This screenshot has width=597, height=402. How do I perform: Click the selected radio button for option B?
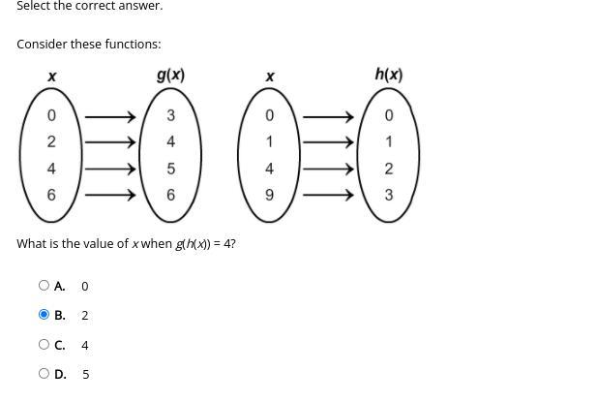click(x=44, y=315)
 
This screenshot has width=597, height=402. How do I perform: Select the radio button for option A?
click(x=44, y=286)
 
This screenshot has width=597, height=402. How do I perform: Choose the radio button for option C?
click(x=44, y=344)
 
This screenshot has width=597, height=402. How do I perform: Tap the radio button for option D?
click(x=44, y=373)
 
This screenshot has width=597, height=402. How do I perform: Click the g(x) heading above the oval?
click(x=170, y=75)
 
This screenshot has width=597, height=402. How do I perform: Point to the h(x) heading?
click(x=388, y=75)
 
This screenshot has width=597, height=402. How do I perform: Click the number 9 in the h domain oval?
click(x=270, y=195)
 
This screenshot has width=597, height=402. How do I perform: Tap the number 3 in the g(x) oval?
click(x=171, y=116)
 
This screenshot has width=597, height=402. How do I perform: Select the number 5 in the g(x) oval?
click(x=171, y=169)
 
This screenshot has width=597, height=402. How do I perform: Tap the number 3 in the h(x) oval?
click(x=389, y=195)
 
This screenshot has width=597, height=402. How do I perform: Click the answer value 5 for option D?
click(x=85, y=374)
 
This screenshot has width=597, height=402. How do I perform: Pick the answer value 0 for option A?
click(x=85, y=287)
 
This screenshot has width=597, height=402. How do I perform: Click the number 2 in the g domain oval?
click(x=51, y=142)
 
